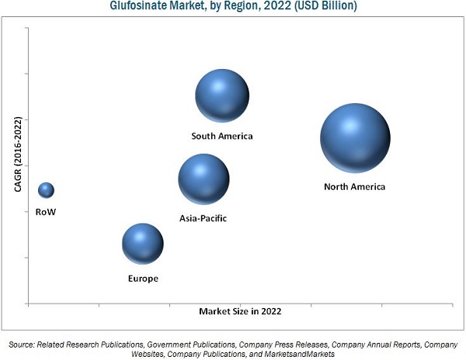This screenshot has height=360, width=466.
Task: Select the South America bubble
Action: [222, 95]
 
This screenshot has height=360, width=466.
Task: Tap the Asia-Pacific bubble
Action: [203, 179]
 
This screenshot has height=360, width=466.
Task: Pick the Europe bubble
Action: [143, 244]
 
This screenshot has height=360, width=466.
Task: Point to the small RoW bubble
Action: [46, 190]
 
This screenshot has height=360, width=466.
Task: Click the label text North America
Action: [354, 187]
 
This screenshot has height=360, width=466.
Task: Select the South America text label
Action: [222, 137]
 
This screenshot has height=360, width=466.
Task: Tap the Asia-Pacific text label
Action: [203, 219]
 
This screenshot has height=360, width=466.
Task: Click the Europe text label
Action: [143, 278]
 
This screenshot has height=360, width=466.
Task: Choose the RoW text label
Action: [46, 211]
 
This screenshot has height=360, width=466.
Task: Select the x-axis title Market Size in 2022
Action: [240, 311]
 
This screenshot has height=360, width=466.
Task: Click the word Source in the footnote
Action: [23, 343]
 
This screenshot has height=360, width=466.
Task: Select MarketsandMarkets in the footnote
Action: [300, 354]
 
